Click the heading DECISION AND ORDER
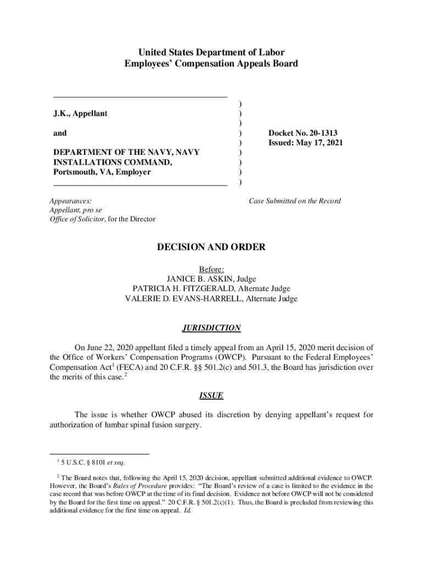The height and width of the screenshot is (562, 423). [x=211, y=248]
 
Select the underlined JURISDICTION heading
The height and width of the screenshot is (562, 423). [x=211, y=328]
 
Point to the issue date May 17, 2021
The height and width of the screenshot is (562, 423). [x=320, y=143]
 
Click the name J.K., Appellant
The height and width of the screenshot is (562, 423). [x=80, y=114]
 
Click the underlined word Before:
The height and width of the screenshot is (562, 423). [x=211, y=269]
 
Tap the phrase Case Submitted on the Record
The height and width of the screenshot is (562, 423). [x=294, y=201]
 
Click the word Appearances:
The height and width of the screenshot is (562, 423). [x=71, y=201]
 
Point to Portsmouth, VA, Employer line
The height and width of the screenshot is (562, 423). [x=102, y=172]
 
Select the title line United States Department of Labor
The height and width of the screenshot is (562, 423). [x=211, y=53]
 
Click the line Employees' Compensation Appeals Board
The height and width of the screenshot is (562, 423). [x=211, y=64]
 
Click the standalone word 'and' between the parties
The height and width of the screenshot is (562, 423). [x=60, y=133]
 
